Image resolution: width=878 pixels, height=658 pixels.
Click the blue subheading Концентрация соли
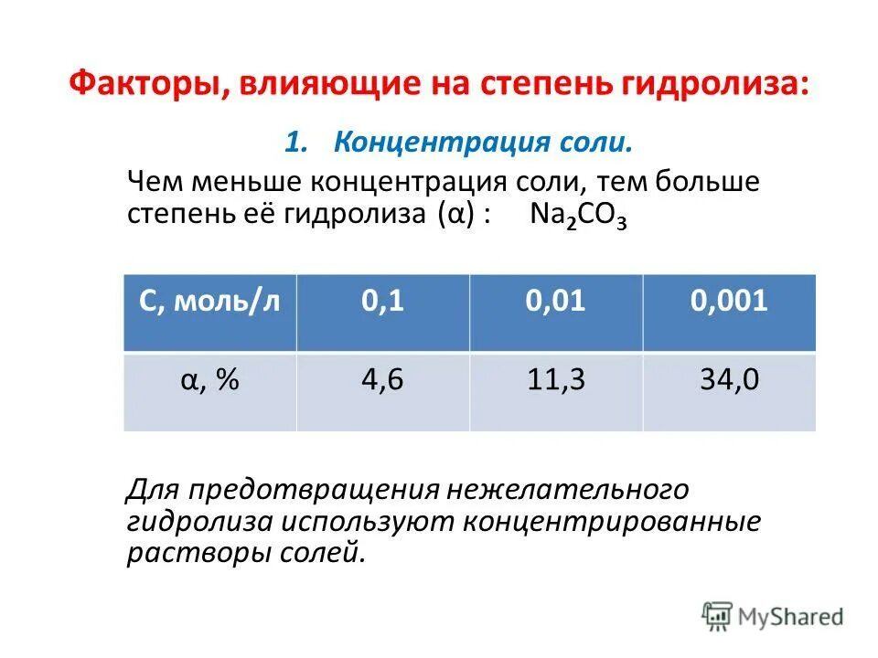tap(483, 143)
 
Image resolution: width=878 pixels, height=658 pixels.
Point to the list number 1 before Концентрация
tap(294, 143)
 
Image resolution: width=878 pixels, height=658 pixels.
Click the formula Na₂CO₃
tap(577, 216)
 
